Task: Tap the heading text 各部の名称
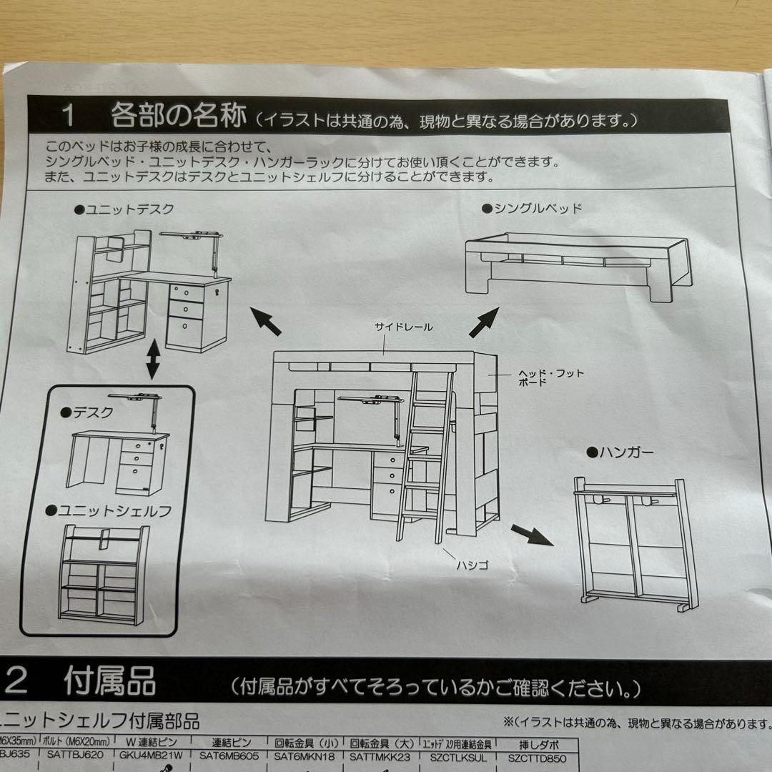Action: (x=179, y=115)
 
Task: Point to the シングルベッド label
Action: (x=533, y=209)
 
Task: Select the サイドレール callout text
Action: (x=404, y=327)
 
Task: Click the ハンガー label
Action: (x=619, y=452)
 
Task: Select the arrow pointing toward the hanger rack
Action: (x=532, y=533)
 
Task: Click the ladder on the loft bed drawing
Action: (x=427, y=457)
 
